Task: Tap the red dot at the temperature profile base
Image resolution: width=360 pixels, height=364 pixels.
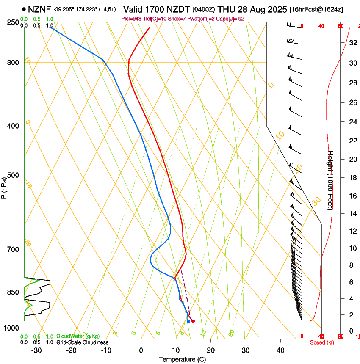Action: point(193,321)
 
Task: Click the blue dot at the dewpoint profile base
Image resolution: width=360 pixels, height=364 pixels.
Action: point(188,321)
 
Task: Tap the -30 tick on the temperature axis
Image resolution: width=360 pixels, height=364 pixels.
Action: point(36,350)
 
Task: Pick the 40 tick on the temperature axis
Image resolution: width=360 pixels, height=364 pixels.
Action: point(280,350)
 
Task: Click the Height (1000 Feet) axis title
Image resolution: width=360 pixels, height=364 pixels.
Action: point(331,180)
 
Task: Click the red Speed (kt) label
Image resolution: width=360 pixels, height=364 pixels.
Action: point(322,342)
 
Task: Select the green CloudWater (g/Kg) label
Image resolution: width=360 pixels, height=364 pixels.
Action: point(78,336)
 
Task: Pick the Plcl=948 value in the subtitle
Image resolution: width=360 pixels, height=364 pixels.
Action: point(132,19)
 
